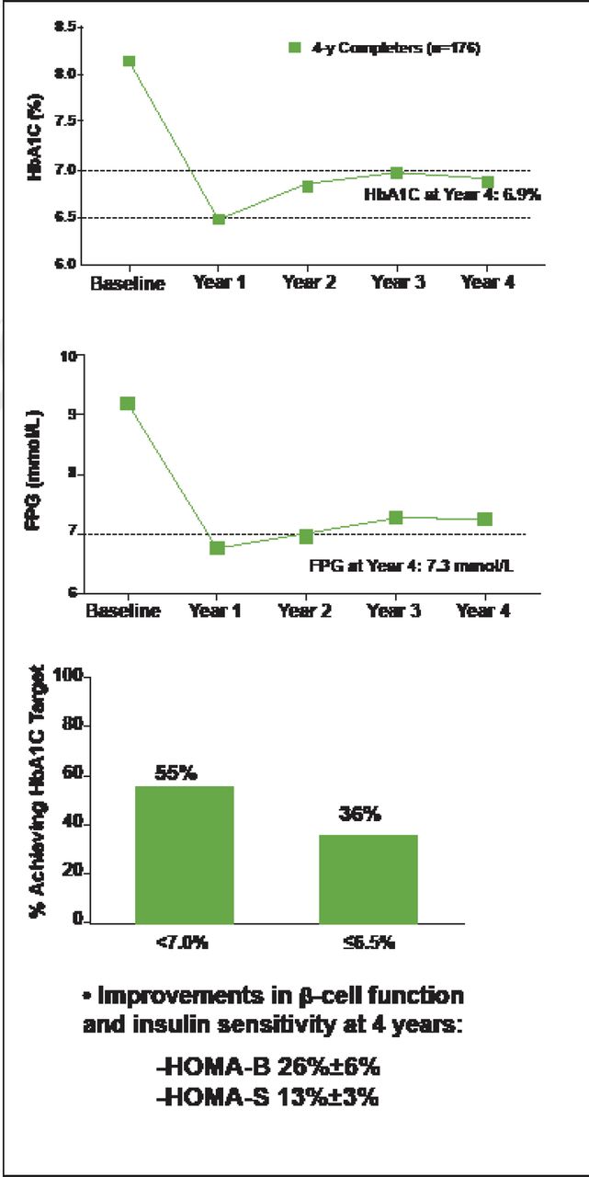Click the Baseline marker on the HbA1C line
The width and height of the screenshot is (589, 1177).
(130, 62)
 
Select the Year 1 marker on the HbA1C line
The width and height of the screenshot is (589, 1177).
(219, 219)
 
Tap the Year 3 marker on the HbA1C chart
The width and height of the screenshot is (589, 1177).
(396, 173)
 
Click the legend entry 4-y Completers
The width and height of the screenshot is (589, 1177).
(384, 48)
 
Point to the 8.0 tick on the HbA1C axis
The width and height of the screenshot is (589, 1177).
(65, 74)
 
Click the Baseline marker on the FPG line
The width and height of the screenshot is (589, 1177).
(128, 404)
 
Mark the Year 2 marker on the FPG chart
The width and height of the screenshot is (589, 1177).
(306, 536)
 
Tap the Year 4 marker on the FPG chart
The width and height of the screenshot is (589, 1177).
(484, 520)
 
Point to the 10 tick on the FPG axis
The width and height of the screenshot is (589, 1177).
(70, 356)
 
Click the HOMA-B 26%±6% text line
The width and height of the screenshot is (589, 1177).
(268, 1068)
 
